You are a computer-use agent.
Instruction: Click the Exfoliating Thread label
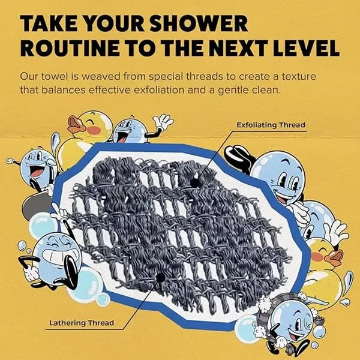pyautogui.click(x=271, y=125)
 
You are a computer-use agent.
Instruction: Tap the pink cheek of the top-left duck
pyautogui.click(x=92, y=130)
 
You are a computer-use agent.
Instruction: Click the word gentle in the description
pyautogui.click(x=251, y=92)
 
